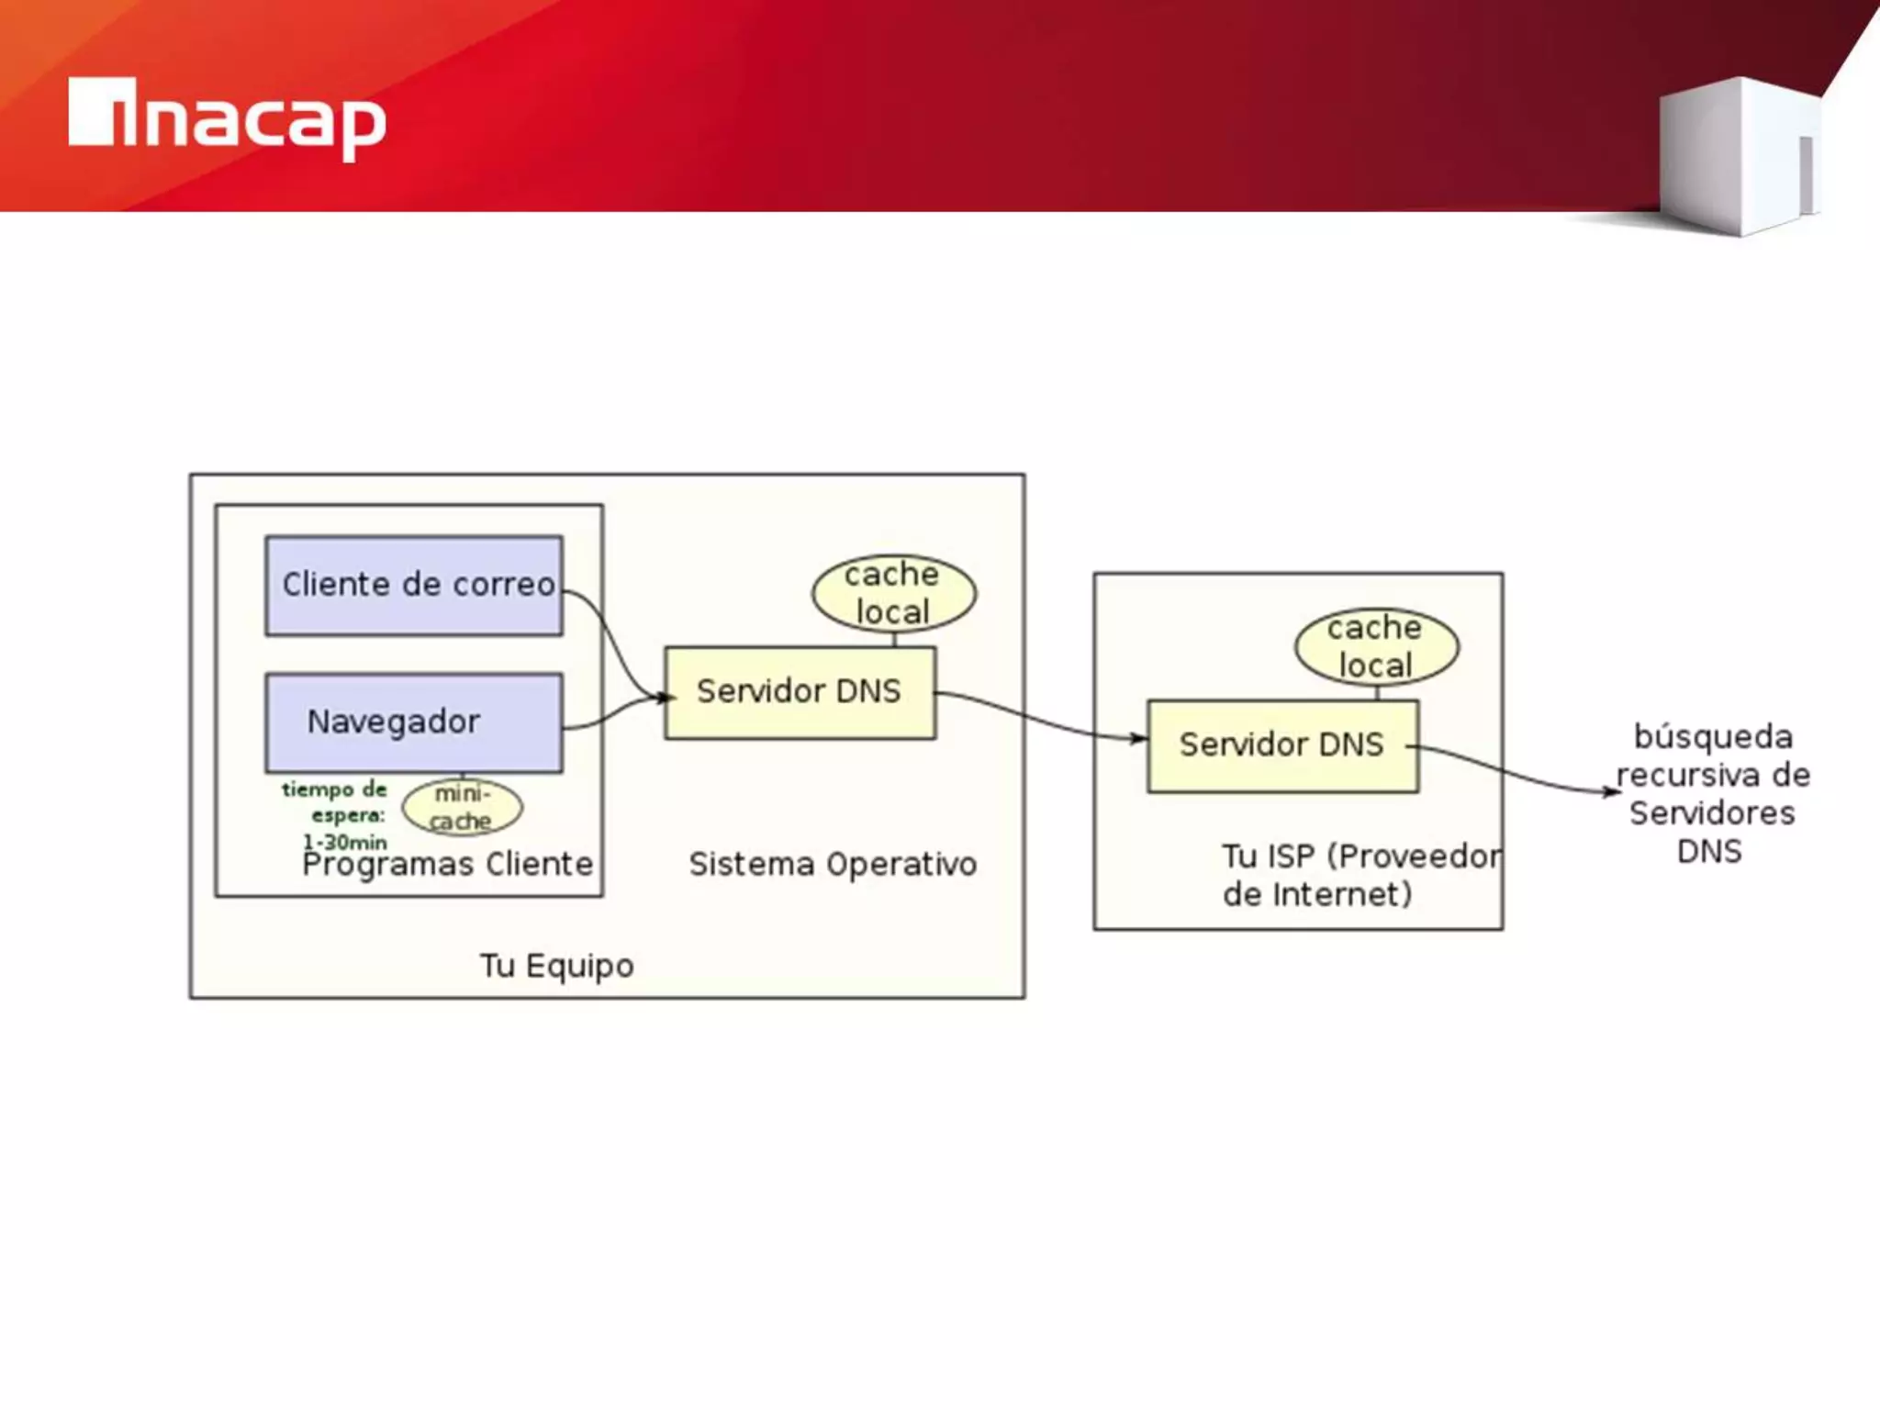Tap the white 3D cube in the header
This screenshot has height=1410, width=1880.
point(1740,156)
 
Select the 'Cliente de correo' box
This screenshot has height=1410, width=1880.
point(414,586)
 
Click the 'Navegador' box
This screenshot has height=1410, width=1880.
point(414,722)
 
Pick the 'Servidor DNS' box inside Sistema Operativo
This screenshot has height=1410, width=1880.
point(800,692)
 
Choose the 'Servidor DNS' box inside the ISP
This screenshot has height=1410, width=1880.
point(1281,745)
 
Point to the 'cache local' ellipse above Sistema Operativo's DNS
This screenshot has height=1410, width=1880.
point(893,593)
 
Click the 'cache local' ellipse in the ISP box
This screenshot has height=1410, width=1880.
point(1376,646)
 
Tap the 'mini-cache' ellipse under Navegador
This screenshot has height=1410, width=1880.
point(462,807)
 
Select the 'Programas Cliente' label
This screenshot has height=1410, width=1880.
point(448,865)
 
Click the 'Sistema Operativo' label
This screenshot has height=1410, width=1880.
point(833,865)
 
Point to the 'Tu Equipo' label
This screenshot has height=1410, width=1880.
point(556,966)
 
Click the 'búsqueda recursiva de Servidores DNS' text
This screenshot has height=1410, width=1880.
point(1712,794)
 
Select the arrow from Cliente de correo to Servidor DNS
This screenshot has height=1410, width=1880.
point(610,638)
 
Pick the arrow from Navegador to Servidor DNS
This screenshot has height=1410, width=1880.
point(610,713)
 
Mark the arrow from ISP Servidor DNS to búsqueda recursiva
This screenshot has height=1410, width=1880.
point(1515,771)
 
